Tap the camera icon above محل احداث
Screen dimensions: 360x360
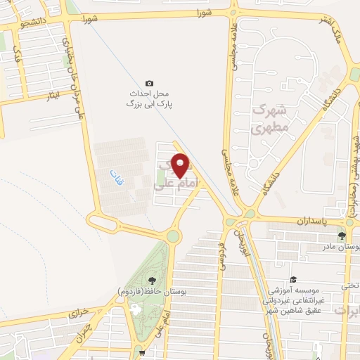(x=148, y=83)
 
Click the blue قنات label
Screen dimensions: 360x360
(x=111, y=171)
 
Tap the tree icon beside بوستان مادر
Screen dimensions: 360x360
(x=342, y=236)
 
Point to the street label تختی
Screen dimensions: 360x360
(x=349, y=285)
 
